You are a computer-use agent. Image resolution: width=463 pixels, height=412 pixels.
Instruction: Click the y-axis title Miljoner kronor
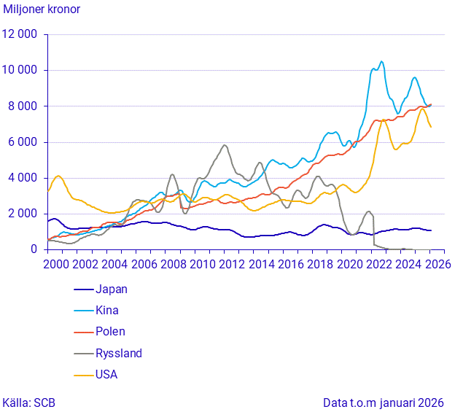[42, 9]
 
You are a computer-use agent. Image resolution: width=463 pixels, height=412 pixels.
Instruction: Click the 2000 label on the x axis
[57, 264]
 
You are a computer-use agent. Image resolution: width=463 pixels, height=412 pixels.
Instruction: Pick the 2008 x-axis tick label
[171, 264]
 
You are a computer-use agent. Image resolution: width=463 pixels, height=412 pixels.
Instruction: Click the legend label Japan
[111, 289]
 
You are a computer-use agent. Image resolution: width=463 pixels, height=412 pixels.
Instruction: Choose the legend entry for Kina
[106, 310]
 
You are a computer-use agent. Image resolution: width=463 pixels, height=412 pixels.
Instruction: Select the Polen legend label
[109, 331]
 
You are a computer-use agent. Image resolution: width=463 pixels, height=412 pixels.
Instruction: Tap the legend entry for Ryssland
[117, 353]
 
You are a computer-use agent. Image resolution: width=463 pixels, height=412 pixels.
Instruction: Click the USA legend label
[106, 374]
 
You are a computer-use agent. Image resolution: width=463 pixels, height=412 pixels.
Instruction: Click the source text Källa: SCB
[29, 402]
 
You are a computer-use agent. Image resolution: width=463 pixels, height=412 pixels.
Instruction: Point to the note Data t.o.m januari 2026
[384, 402]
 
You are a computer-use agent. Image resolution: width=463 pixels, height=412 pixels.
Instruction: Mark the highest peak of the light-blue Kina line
[381, 61]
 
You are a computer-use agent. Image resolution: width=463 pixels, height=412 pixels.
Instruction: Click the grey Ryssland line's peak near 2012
[225, 144]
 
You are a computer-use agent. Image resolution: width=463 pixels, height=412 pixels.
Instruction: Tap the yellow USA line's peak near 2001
[59, 176]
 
